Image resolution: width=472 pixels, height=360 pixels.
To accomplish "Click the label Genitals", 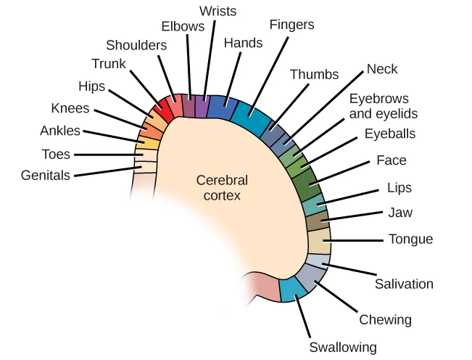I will point(45,175).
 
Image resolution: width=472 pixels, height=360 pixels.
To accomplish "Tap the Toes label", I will point(56,154).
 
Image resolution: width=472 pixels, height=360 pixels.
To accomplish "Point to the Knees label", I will point(70,109).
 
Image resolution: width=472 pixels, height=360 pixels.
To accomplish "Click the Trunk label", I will point(109,64).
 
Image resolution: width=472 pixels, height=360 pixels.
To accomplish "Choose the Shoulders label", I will point(136,45).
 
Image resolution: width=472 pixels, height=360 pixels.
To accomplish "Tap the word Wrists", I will point(218,11).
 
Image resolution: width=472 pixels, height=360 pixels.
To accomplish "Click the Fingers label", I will point(291,25).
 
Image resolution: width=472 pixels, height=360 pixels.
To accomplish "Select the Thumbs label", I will point(314,74).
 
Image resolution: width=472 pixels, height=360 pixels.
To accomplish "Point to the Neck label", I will point(382,70).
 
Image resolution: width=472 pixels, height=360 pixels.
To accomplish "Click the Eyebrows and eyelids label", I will point(384,106).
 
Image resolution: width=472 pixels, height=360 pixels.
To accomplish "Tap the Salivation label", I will point(404,284).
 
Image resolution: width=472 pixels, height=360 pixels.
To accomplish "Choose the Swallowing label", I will point(343,347).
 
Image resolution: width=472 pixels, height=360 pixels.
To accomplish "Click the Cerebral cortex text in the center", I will point(222,188).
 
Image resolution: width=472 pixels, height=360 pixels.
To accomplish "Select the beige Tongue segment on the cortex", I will point(319,240).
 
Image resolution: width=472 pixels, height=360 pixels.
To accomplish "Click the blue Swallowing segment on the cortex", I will point(292,289).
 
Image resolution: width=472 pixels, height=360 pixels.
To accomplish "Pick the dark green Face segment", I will point(307,185).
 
